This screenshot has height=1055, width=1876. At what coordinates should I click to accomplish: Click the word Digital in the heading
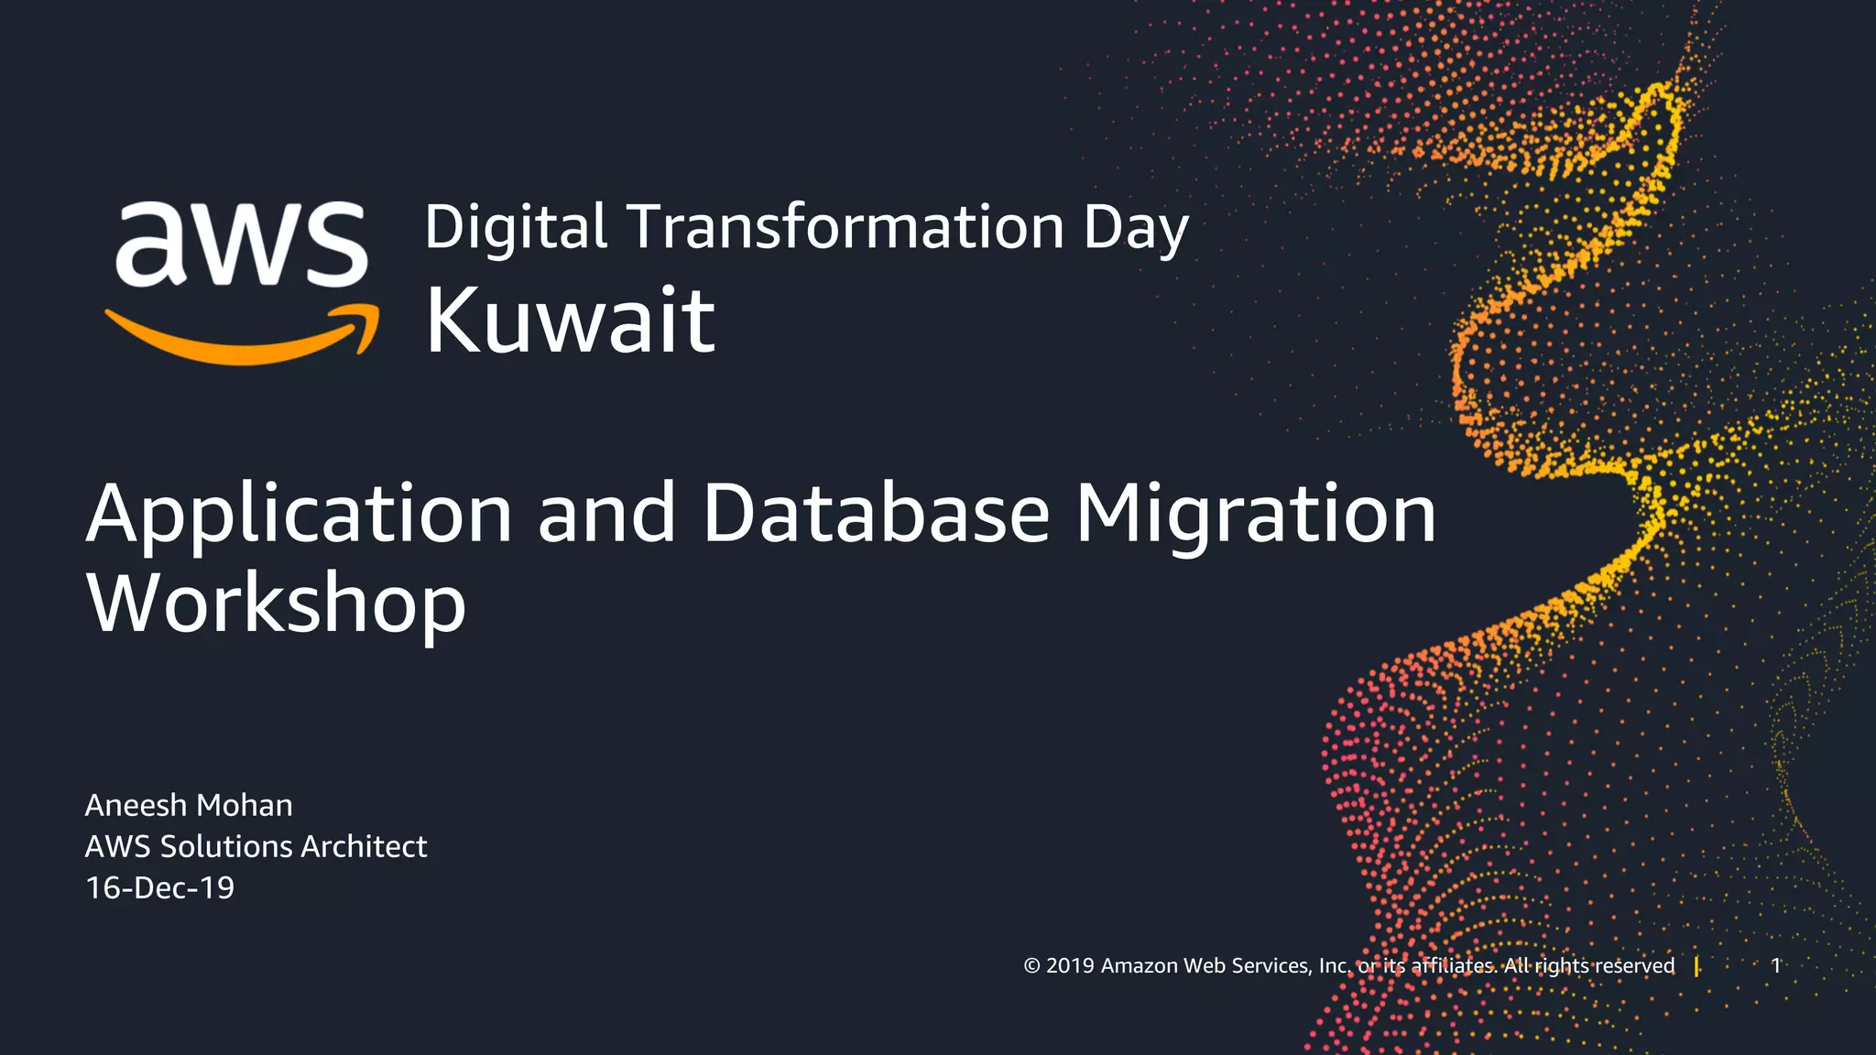tap(516, 228)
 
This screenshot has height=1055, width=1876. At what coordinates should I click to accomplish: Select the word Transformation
tap(845, 228)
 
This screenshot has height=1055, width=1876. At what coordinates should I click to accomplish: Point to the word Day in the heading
tap(1136, 228)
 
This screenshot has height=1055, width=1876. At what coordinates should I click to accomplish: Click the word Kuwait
tap(570, 320)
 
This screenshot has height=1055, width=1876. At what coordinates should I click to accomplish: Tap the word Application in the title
tap(299, 515)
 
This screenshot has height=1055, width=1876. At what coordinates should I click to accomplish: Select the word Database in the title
tap(876, 515)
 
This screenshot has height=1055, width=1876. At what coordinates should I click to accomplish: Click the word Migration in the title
tap(1255, 515)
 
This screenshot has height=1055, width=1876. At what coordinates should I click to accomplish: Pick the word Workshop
tap(276, 604)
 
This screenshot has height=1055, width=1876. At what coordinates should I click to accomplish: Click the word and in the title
tap(606, 515)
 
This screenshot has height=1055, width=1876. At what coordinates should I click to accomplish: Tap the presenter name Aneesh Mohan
tap(189, 805)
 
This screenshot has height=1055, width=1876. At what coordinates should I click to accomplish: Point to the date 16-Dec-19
tap(159, 887)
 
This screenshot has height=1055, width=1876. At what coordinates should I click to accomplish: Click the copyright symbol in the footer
tap(1031, 966)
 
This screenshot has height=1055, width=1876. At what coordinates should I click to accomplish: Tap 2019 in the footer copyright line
tap(1070, 966)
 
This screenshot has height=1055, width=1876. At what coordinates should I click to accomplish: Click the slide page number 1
tap(1775, 965)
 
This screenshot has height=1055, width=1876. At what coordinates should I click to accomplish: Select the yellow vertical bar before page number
tap(1696, 966)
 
